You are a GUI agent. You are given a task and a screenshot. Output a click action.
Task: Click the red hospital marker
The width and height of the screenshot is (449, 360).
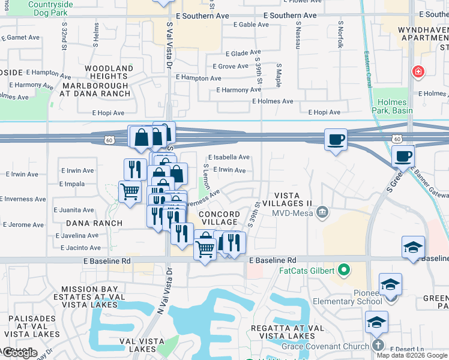click(418, 72)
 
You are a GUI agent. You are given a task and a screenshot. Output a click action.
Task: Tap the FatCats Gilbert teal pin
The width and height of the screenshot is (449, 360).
click(344, 270)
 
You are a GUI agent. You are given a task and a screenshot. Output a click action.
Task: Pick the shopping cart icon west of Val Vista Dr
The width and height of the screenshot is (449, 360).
click(130, 192)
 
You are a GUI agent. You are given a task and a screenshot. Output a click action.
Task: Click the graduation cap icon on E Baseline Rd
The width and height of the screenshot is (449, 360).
click(414, 247)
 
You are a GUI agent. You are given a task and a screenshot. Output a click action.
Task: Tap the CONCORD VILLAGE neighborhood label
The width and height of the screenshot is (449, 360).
click(219, 218)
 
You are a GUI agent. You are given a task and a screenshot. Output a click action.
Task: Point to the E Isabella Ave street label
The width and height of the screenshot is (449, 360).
click(229, 157)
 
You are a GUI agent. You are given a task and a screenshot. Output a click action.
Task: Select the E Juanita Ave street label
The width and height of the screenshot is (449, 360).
click(74, 210)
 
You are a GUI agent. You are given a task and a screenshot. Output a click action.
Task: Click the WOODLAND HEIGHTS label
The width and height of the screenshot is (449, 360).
click(109, 73)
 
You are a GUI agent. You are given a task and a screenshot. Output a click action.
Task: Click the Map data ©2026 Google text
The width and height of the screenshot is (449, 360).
click(411, 355)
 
